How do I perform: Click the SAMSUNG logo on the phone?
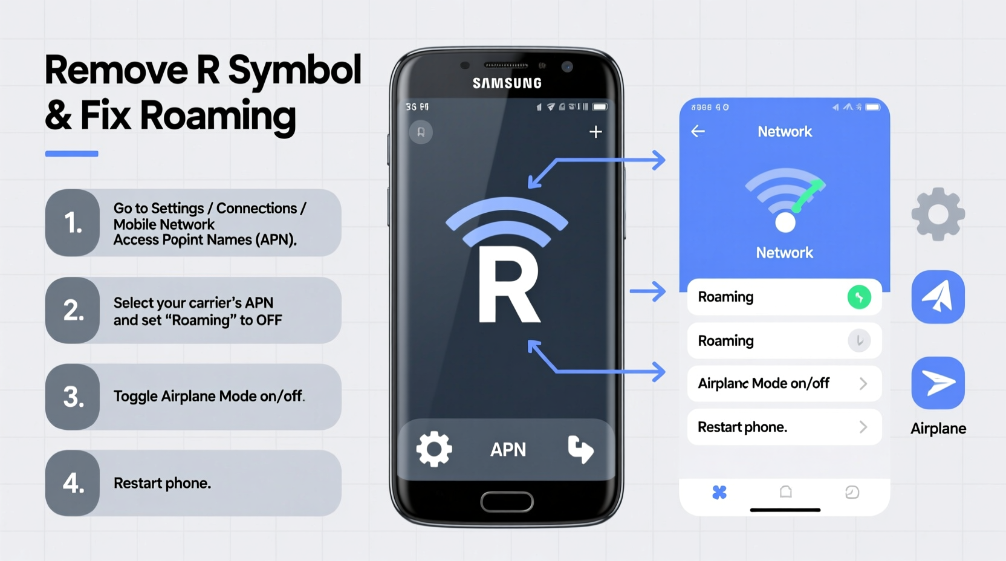507,83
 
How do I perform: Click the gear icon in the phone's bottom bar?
433,449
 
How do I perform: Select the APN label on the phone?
508,450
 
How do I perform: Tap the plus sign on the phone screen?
595,132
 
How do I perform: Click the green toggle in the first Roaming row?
858,297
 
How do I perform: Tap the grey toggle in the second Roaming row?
858,341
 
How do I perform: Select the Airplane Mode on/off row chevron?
863,383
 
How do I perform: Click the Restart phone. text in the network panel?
742,427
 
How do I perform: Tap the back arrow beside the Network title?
698,131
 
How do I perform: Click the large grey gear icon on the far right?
938,214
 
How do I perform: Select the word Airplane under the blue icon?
938,429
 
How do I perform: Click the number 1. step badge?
73,223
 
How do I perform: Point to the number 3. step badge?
73,397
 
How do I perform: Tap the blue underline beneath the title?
71,154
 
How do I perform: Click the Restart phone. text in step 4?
162,483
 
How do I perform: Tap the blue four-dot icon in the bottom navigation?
719,492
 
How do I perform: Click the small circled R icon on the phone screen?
421,132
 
